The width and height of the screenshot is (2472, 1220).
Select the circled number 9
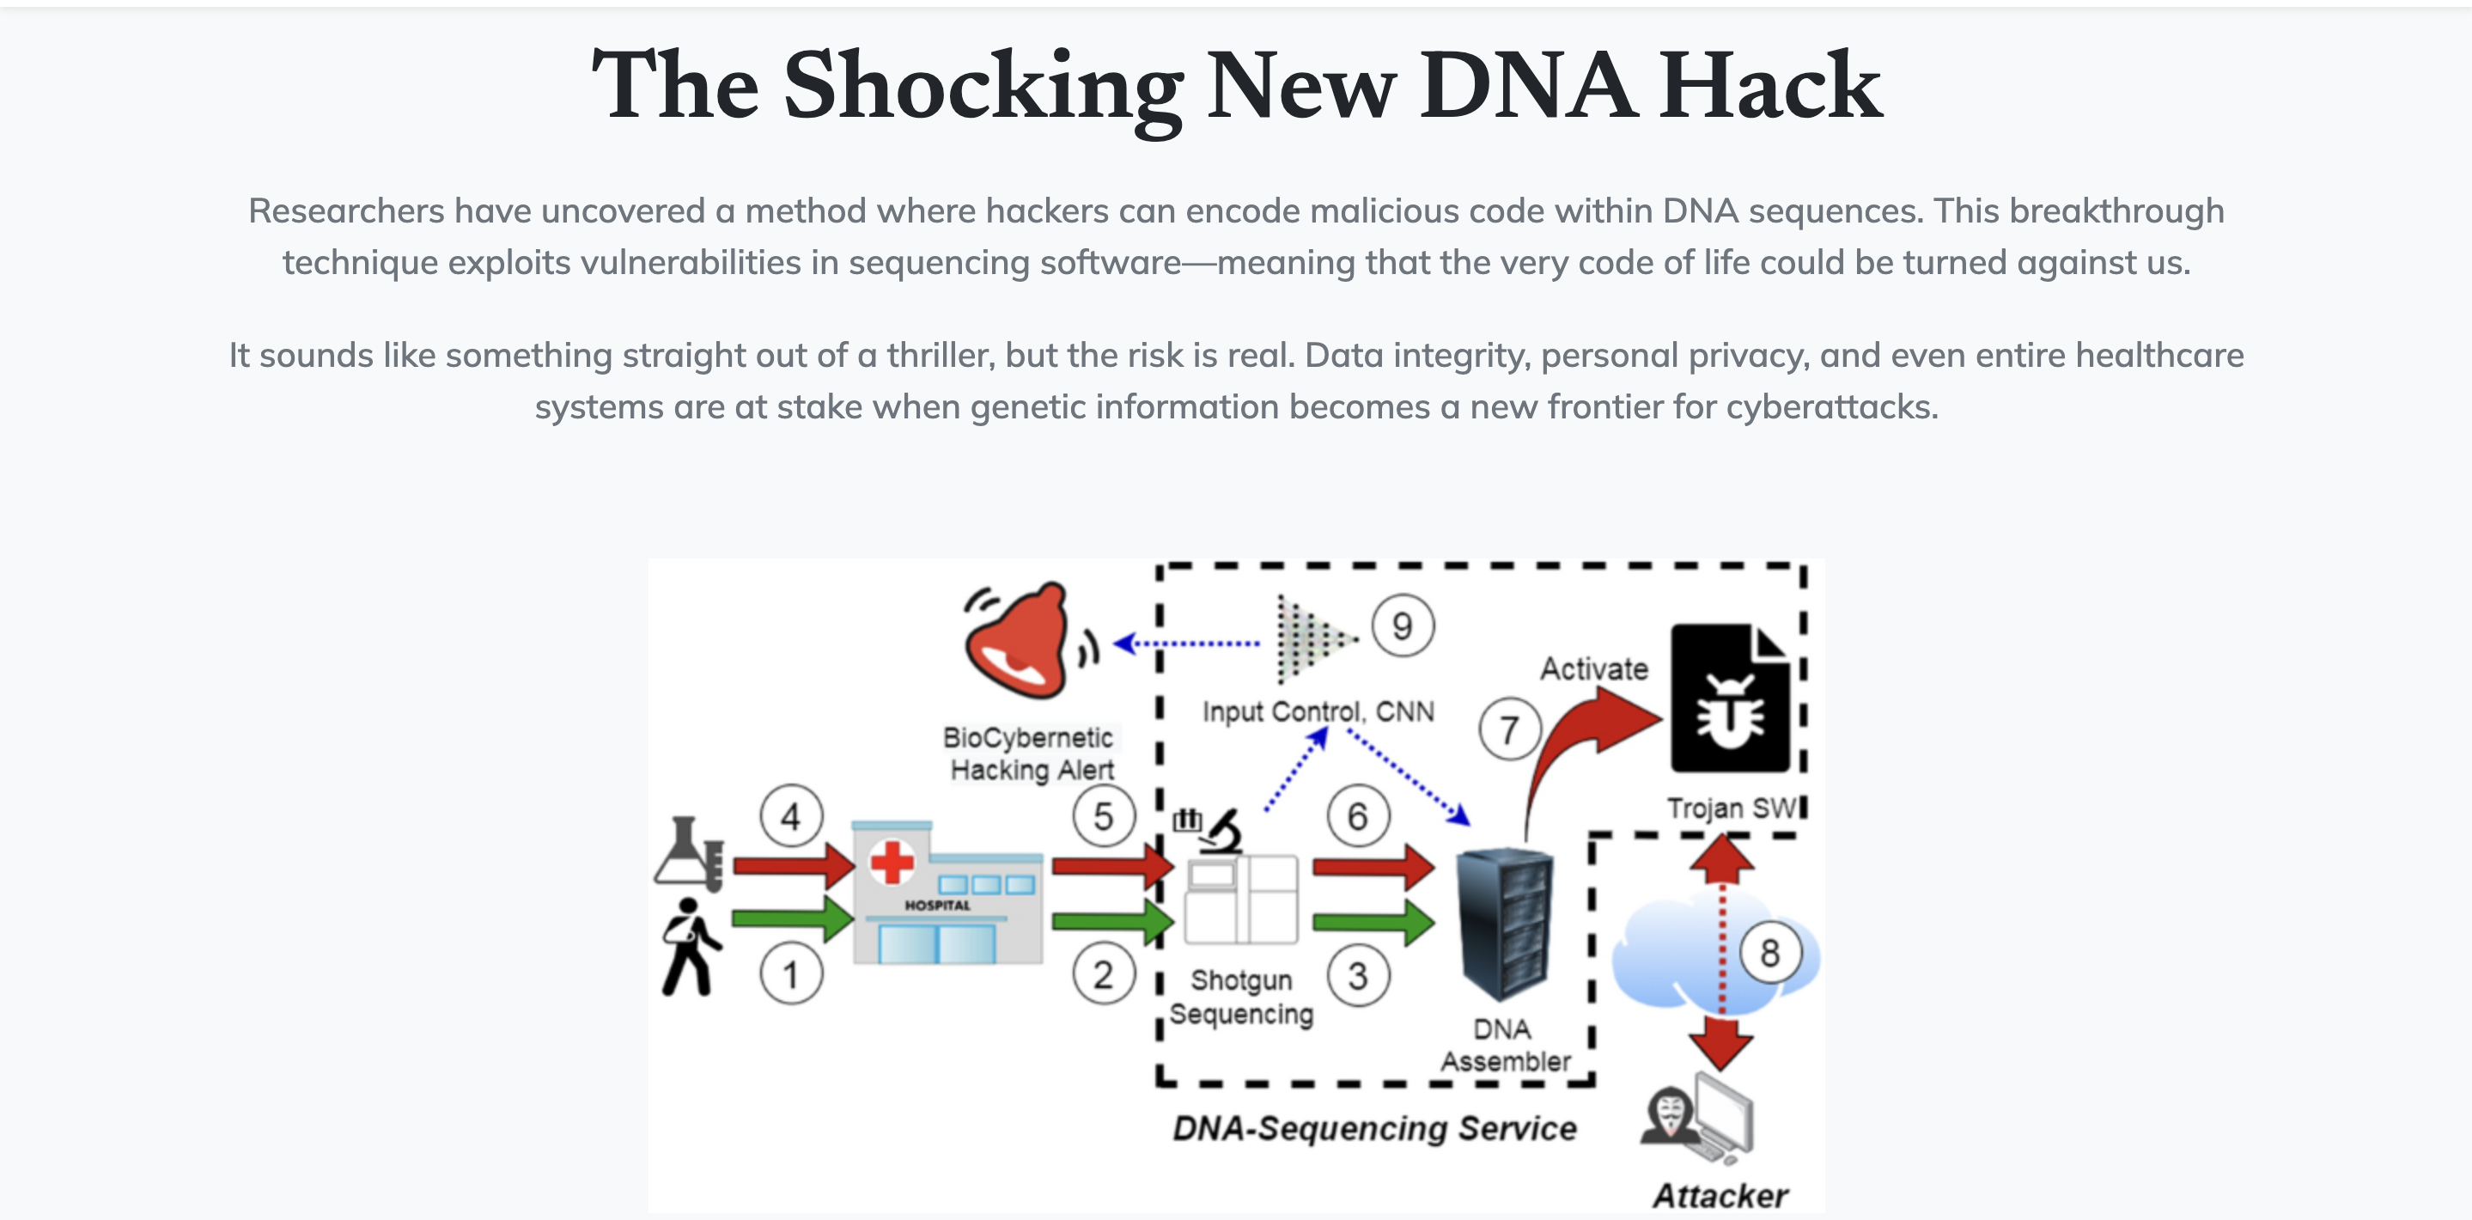[x=1402, y=625]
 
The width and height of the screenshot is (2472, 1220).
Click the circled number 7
[x=1509, y=729]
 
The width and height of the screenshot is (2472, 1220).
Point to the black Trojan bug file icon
[x=1729, y=698]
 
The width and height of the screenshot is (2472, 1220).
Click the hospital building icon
[x=947, y=893]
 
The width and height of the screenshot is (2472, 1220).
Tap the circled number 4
[x=791, y=816]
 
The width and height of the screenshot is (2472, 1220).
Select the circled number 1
[x=791, y=974]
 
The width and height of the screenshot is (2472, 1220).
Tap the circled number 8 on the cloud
[x=1769, y=953]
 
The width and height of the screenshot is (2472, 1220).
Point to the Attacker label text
[x=1720, y=1196]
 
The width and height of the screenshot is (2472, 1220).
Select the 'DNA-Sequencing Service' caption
[x=1374, y=1128]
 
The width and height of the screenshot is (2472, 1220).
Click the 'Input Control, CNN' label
[x=1318, y=711]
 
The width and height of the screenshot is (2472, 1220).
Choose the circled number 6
[x=1357, y=817]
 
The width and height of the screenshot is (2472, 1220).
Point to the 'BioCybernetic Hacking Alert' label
[x=1030, y=753]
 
